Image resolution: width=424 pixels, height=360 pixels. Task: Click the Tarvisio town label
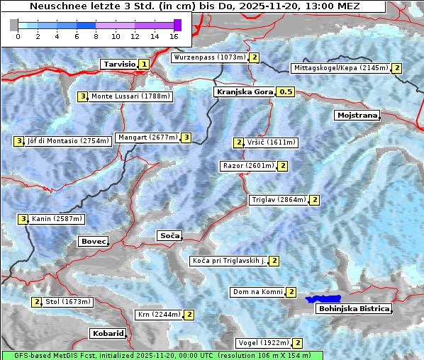pos(119,64)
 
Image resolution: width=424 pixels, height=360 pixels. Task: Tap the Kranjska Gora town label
pos(244,92)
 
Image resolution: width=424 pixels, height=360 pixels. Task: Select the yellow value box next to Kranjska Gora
pos(285,92)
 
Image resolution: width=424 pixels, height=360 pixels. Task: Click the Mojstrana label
pos(357,115)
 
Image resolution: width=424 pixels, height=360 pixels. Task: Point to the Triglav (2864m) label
pos(279,200)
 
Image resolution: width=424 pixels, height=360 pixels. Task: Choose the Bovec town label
pos(93,242)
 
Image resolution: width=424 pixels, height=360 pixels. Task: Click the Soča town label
pos(169,235)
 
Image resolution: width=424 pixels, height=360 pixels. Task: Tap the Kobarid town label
pos(108,333)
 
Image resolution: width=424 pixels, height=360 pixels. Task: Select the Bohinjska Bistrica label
pos(354,309)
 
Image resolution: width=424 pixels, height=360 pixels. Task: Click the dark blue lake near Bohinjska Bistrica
pos(323,300)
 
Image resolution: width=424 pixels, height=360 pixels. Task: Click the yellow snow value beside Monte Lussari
pos(82,96)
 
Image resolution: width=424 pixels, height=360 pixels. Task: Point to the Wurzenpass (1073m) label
pos(210,57)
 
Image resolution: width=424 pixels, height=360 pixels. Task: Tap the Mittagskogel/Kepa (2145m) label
pos(341,68)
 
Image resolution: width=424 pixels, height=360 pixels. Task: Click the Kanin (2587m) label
pos(57,219)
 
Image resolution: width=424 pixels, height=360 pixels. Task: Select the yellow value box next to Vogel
pos(298,343)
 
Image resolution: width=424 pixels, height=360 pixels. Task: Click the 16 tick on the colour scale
pos(174,36)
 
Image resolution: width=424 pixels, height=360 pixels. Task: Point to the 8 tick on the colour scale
pos(96,36)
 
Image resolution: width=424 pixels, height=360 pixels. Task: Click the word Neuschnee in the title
pos(55,6)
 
